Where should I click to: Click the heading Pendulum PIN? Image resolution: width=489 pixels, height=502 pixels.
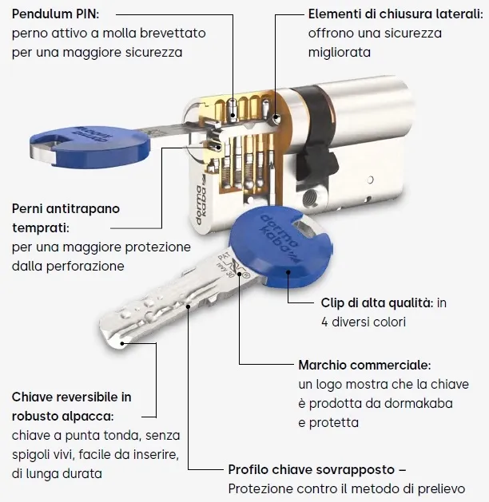tap(55, 14)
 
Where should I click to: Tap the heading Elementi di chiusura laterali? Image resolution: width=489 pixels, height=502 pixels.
tap(396, 14)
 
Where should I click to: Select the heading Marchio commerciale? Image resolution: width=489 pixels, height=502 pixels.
tap(364, 365)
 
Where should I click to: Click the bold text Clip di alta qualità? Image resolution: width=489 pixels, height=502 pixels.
tap(377, 302)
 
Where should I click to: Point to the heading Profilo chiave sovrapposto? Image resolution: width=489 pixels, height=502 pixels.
tap(311, 469)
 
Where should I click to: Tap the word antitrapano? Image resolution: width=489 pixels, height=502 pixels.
tap(83, 209)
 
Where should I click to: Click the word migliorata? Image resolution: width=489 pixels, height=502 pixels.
tap(340, 53)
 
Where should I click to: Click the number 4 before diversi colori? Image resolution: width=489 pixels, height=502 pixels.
tap(324, 322)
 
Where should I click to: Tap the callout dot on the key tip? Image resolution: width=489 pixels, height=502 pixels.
tap(122, 343)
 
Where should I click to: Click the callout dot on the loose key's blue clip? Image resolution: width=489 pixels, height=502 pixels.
tap(288, 272)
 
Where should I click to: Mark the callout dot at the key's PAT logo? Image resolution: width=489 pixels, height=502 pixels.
tap(240, 274)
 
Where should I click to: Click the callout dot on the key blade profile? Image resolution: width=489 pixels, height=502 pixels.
tap(188, 306)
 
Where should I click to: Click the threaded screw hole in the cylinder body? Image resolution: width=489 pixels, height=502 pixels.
tap(309, 197)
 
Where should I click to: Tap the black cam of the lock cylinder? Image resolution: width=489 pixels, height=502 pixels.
tap(316, 134)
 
